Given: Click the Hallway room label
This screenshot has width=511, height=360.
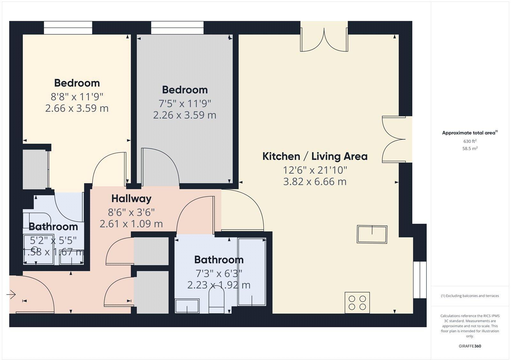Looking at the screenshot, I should (131, 199).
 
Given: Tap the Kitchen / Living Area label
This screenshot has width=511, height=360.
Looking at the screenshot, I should (315, 156).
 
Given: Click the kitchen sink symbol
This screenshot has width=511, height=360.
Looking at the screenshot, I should (372, 234).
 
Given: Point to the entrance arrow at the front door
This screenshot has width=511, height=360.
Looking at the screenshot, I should (11, 294).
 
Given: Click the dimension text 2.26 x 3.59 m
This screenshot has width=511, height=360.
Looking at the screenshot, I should (185, 115).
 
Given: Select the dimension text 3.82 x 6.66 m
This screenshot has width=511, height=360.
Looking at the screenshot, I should (315, 182).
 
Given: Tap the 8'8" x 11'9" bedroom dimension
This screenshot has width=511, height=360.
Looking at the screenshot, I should (77, 96).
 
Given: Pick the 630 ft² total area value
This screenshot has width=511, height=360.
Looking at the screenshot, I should (470, 141).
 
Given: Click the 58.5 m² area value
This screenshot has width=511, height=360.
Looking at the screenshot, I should (470, 148).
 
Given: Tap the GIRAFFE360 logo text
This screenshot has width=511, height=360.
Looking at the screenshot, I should (470, 346).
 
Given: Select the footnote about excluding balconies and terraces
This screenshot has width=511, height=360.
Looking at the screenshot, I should (470, 296).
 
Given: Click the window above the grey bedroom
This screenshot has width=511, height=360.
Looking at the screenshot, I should (177, 28).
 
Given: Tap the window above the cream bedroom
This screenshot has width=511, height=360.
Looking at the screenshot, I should (68, 28).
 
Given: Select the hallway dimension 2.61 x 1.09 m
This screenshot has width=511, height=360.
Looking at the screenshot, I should (131, 224).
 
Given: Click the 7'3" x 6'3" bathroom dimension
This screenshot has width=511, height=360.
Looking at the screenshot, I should (219, 274).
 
